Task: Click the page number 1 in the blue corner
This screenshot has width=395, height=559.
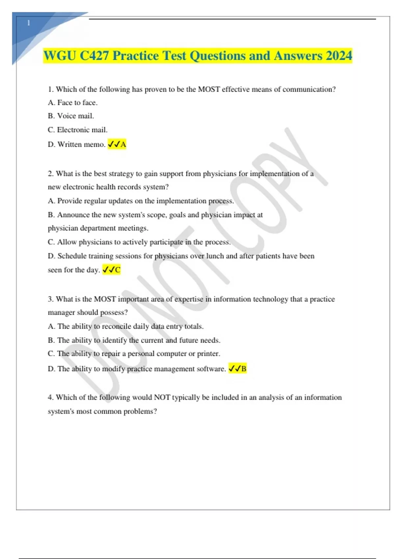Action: point(29,23)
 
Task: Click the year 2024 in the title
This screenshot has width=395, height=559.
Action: point(339,56)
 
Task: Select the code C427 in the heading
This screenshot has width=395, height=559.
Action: point(94,56)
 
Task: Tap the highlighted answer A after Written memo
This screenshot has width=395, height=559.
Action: point(123,144)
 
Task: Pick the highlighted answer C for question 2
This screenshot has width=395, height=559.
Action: point(118,270)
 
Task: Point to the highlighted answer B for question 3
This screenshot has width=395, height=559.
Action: point(244,369)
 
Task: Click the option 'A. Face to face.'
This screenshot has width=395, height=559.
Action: point(73,103)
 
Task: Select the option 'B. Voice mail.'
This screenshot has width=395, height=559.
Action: point(71,116)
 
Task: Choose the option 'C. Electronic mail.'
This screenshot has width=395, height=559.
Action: point(78,130)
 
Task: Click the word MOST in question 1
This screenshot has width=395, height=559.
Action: point(209,89)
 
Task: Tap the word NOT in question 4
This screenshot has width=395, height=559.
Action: point(162,397)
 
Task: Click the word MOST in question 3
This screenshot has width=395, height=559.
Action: point(105,299)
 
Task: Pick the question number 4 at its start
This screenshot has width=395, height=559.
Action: point(50,397)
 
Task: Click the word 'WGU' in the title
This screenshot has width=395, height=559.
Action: point(60,56)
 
